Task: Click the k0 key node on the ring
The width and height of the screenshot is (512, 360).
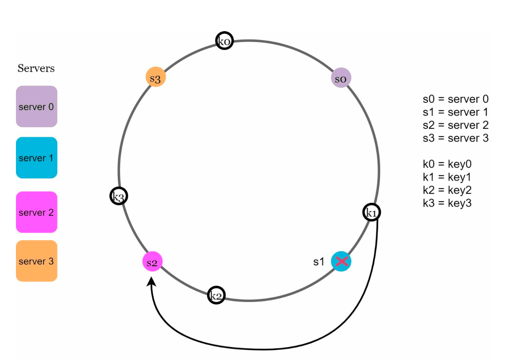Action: click(x=224, y=40)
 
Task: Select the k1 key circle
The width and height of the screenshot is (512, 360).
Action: click(x=372, y=212)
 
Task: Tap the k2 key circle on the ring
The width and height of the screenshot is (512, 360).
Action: click(x=216, y=295)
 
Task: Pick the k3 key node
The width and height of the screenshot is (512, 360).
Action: click(x=118, y=196)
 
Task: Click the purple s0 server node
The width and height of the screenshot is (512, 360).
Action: click(x=341, y=78)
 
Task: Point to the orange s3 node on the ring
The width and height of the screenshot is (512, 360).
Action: click(x=156, y=77)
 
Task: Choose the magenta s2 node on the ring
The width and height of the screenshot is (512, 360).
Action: click(x=152, y=261)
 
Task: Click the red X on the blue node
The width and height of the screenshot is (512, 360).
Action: click(x=342, y=261)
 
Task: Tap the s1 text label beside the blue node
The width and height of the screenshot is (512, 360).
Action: click(x=319, y=262)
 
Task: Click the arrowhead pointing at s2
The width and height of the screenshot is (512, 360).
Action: click(x=151, y=281)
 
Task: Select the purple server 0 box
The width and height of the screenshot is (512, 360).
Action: click(x=37, y=107)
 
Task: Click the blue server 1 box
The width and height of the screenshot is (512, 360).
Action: click(x=37, y=157)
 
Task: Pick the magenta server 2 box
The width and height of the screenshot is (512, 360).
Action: click(x=37, y=212)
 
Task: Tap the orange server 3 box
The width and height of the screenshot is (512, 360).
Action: click(x=37, y=261)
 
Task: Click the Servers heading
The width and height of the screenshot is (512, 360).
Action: click(x=36, y=68)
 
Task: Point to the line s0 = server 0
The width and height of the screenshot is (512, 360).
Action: click(x=456, y=99)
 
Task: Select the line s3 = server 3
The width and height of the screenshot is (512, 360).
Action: click(x=456, y=138)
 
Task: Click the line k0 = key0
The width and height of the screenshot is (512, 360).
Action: click(x=447, y=164)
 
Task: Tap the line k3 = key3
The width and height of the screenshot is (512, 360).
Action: click(x=447, y=203)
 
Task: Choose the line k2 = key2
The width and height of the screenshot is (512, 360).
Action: click(x=447, y=190)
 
